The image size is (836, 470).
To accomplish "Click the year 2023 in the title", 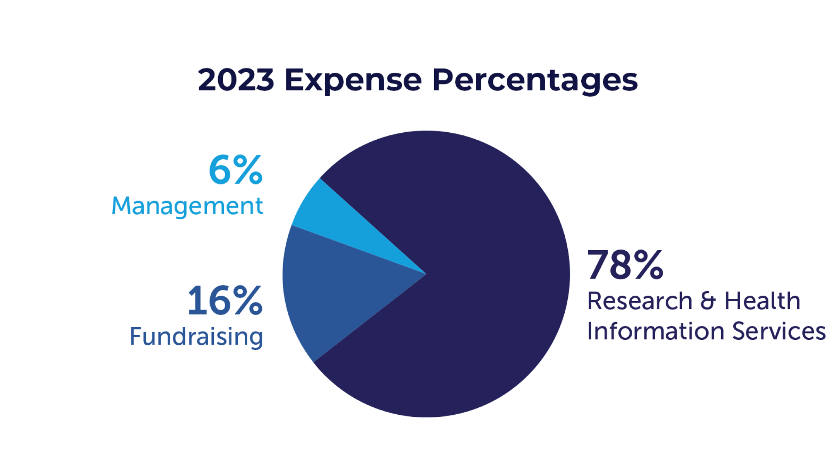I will (x=236, y=80).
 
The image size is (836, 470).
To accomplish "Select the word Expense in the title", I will (x=353, y=81).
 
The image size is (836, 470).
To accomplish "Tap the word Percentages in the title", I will (x=535, y=81).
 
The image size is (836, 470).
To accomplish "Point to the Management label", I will (x=187, y=206).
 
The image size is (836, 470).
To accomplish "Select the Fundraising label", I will (x=196, y=337).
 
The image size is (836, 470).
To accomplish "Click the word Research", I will (x=639, y=301).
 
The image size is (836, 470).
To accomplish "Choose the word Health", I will (x=762, y=301).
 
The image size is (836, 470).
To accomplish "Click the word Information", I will (x=656, y=331).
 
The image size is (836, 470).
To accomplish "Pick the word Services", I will (x=779, y=331).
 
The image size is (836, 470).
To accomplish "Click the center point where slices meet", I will (x=426, y=274).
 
